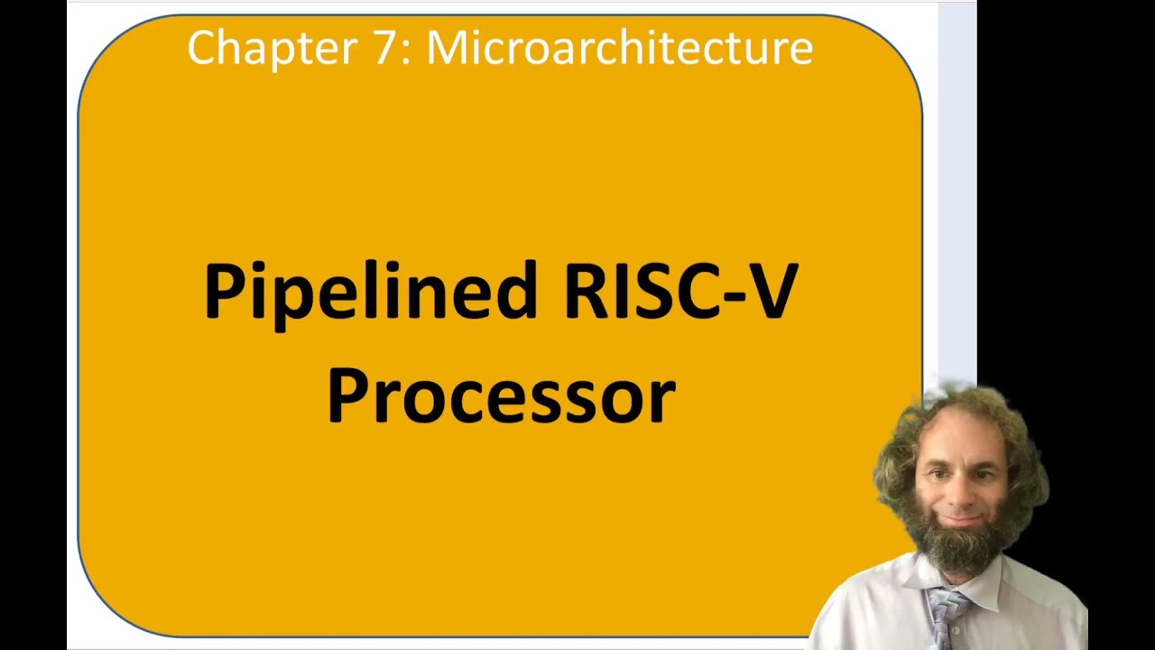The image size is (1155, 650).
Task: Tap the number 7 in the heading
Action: [383, 47]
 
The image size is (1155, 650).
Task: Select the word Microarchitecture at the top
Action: [619, 47]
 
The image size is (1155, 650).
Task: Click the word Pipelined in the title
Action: [371, 291]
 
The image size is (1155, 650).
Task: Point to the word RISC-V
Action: [680, 291]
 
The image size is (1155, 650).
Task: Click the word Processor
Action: [501, 395]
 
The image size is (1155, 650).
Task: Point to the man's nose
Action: [963, 493]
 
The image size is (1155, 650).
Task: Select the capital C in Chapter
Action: [202, 47]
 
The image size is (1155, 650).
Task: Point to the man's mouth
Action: [962, 521]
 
